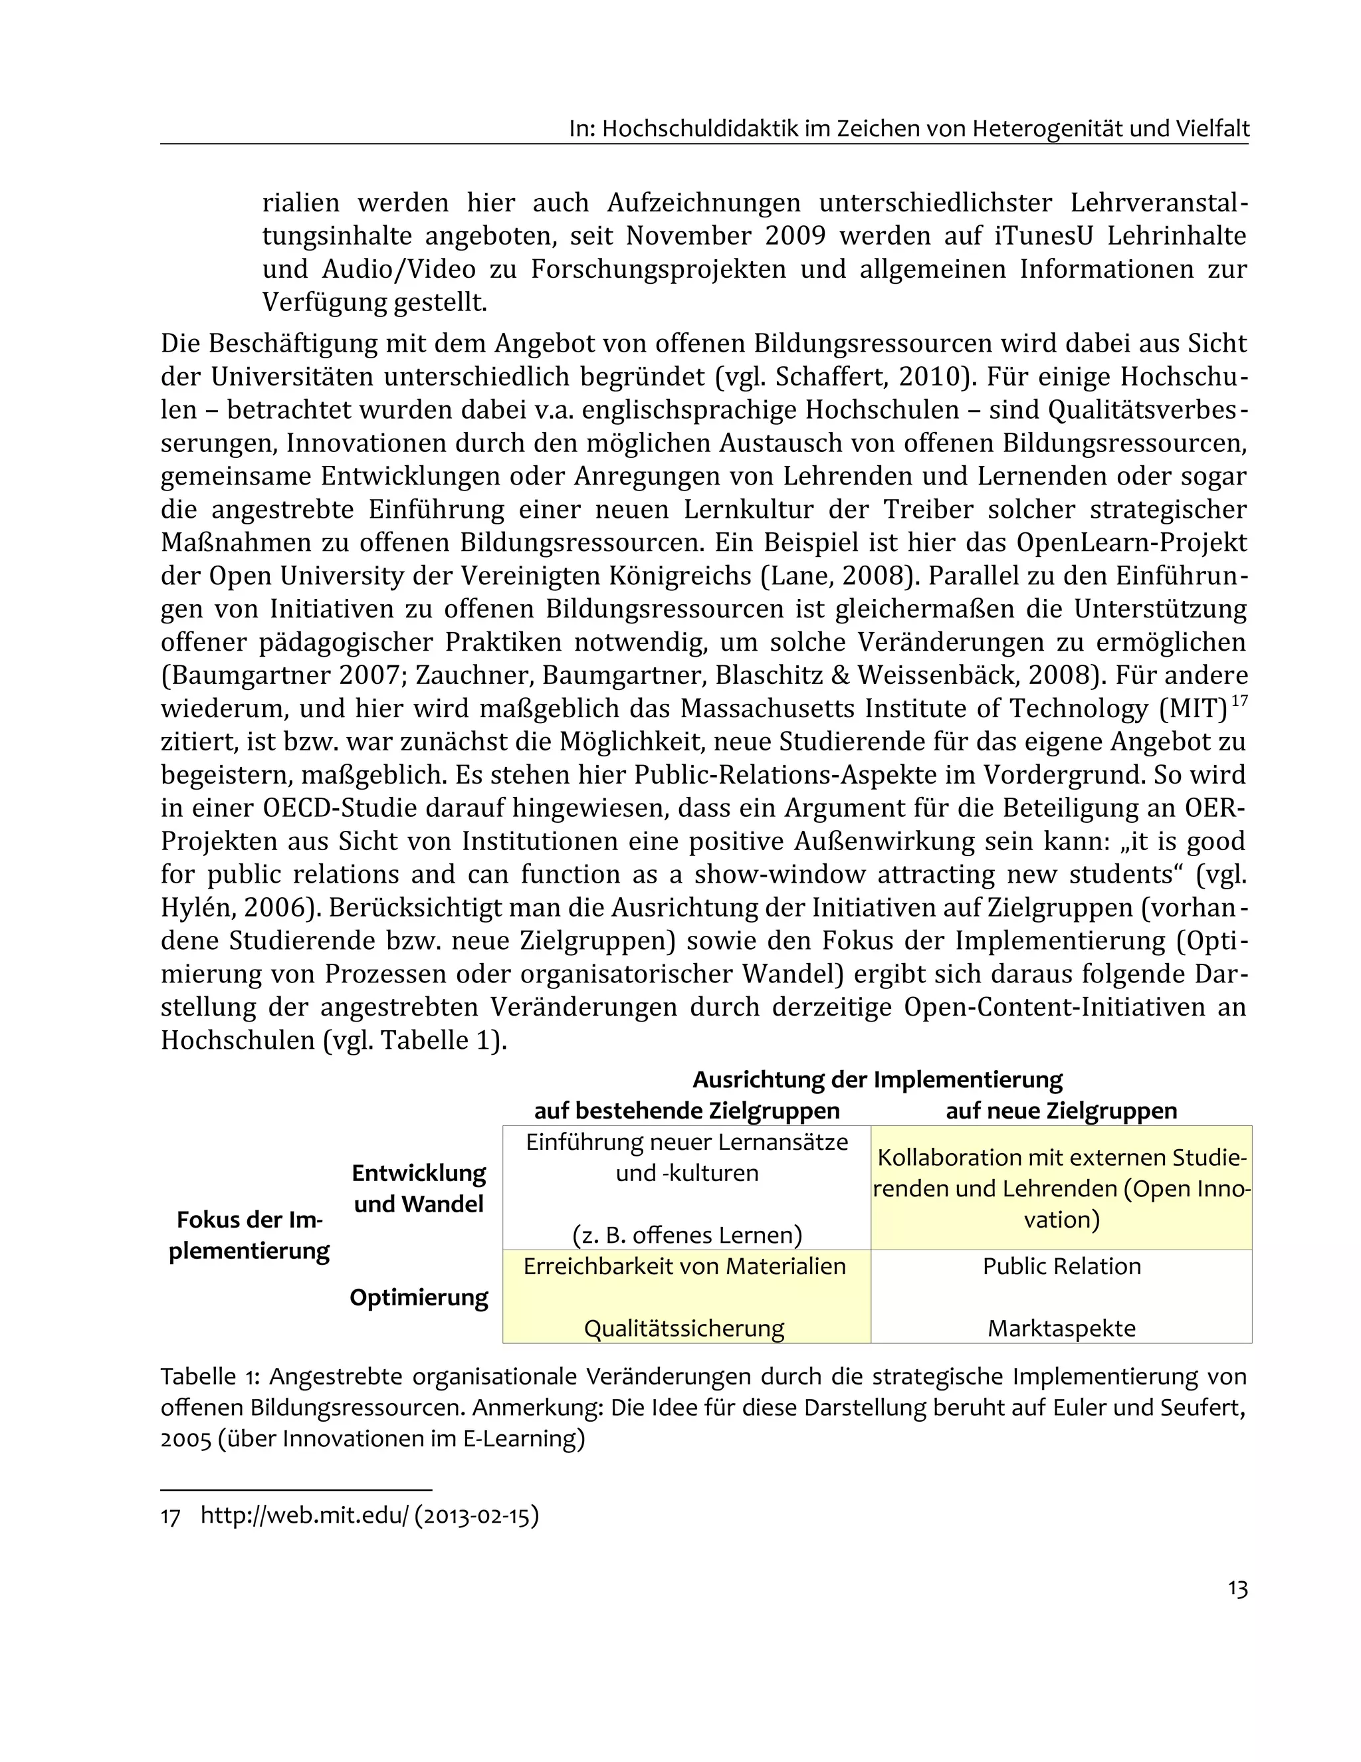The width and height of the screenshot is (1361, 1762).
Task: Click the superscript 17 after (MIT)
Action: (1240, 701)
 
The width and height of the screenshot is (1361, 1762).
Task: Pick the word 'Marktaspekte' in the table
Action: (1061, 1328)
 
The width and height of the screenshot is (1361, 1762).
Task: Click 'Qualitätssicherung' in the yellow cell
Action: (684, 1328)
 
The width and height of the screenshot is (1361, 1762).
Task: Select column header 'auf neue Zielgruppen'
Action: (1061, 1111)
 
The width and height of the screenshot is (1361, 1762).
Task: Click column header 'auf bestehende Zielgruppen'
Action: (686, 1111)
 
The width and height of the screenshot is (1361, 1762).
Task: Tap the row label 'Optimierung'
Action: (419, 1297)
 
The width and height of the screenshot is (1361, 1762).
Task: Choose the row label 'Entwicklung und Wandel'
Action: (419, 1188)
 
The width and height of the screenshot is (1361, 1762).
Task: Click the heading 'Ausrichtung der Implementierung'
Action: (877, 1079)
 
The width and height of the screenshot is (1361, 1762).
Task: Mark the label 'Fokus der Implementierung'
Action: (249, 1235)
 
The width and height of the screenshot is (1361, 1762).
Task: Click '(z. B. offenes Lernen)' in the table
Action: (686, 1235)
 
